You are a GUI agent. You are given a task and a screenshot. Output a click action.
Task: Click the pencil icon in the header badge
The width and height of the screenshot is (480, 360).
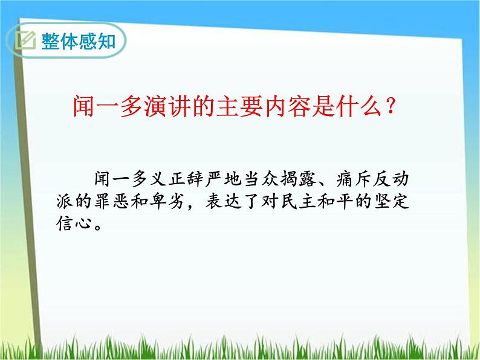pos(26,41)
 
